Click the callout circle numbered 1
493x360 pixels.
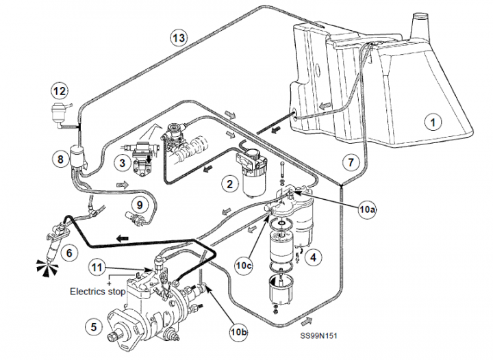(433, 122)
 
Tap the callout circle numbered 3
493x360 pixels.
(123, 162)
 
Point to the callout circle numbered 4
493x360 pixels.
(314, 258)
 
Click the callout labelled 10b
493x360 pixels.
(239, 333)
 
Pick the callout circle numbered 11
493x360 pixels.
(98, 268)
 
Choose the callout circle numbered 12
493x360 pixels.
(60, 90)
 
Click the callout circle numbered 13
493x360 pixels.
(178, 39)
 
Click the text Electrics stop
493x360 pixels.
(98, 291)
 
